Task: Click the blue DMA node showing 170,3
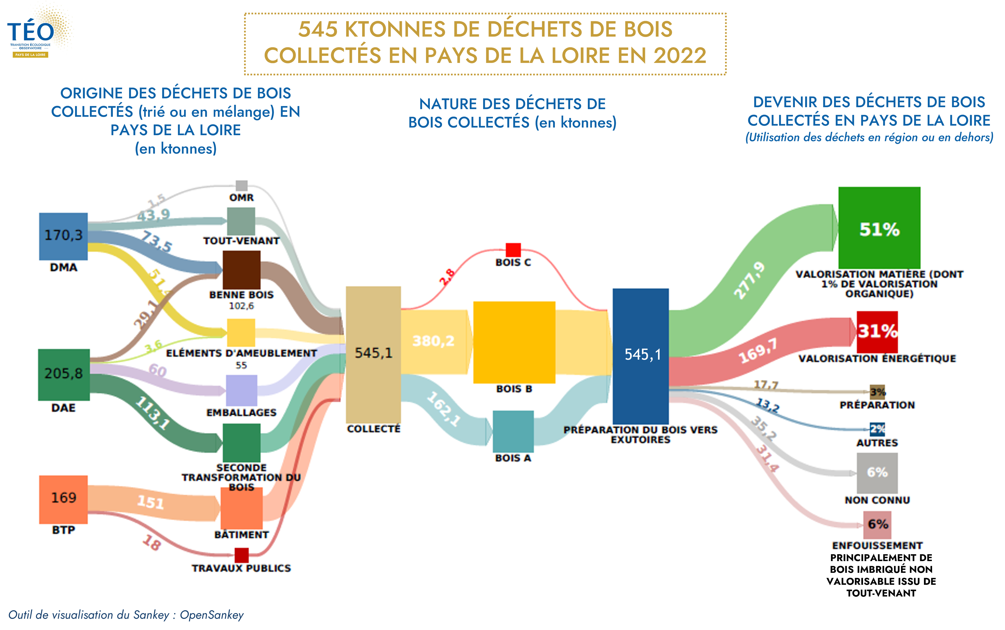coord(63,236)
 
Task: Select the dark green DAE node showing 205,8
coord(64,375)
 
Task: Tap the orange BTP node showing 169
coord(63,499)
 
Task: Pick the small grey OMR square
coord(241,185)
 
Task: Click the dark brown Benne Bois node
coord(241,270)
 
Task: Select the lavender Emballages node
coord(241,390)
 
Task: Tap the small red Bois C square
coord(513,250)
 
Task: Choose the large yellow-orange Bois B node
coord(514,342)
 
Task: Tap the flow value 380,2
coord(433,341)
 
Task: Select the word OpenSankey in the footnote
coord(212,615)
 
